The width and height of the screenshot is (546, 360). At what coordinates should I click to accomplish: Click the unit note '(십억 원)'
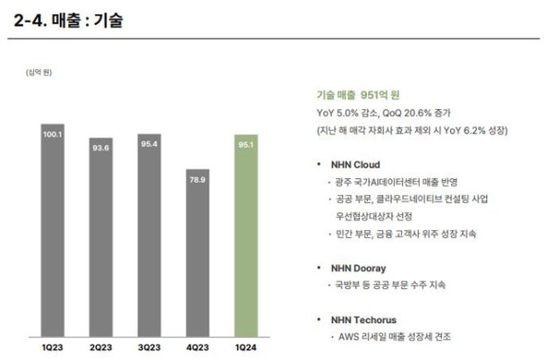39,72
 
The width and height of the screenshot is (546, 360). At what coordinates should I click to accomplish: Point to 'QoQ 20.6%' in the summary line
414,113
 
